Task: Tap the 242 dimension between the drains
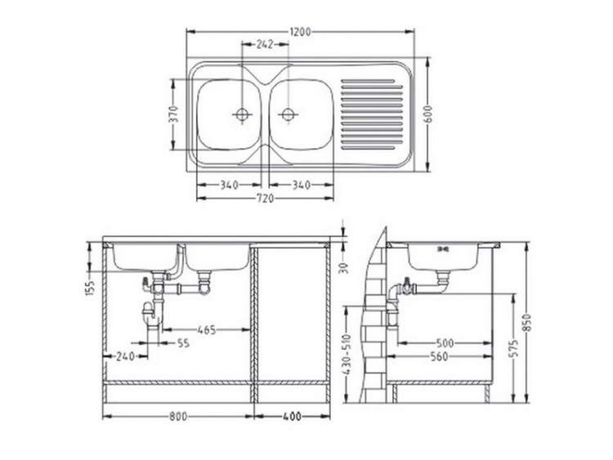(264, 45)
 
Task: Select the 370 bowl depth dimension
(173, 115)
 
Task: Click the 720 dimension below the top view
(265, 199)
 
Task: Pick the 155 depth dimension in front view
(91, 287)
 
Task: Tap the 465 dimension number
(206, 330)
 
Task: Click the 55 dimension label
(182, 344)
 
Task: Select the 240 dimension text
(125, 356)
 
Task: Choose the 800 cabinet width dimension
(179, 416)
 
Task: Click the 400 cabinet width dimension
(292, 416)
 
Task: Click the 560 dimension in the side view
(444, 356)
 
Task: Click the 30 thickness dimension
(345, 266)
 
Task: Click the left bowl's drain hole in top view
(242, 114)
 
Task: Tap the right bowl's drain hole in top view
(287, 114)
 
